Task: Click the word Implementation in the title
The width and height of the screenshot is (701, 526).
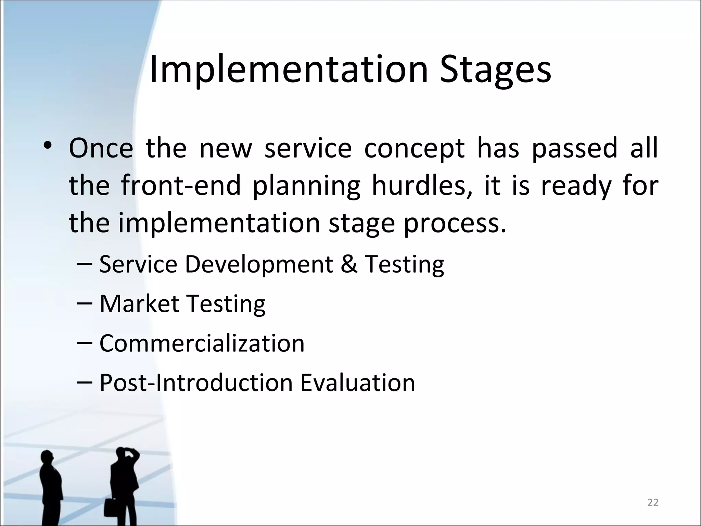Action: click(289, 70)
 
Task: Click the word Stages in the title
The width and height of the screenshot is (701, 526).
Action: click(495, 70)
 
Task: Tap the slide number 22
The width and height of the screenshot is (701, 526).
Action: click(653, 503)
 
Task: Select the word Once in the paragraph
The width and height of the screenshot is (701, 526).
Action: click(101, 148)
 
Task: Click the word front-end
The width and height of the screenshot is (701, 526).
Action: click(181, 185)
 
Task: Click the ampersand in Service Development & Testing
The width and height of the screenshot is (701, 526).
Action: click(349, 264)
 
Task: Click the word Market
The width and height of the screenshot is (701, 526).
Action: click(139, 304)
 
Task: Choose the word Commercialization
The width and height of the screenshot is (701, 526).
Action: click(202, 343)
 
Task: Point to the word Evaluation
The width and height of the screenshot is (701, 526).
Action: click(358, 383)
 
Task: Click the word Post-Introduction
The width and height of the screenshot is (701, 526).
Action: click(196, 383)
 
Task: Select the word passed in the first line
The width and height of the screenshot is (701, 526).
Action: click(574, 148)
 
